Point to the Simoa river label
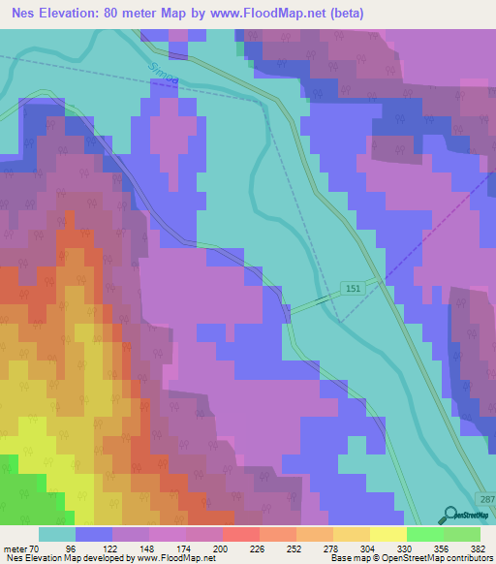[x=166, y=79]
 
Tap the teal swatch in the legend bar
[x=56, y=534]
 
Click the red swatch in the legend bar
[x=241, y=534]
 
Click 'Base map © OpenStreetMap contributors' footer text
[x=410, y=558]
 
